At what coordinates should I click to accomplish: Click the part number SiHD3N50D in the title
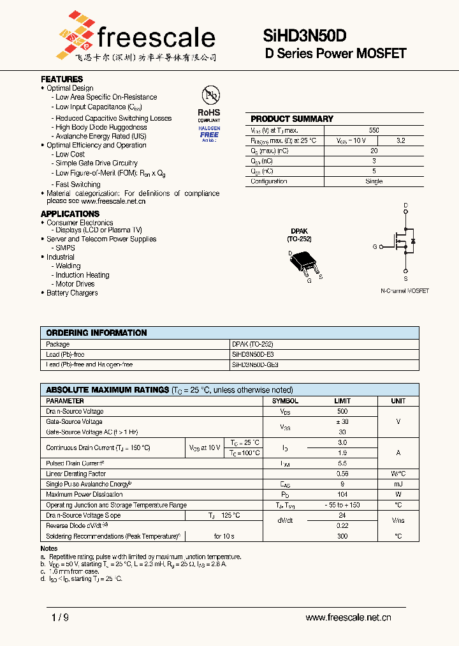pos(305,37)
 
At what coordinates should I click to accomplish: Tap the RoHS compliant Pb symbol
pos(209,96)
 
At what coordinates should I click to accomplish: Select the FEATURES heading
pos(62,79)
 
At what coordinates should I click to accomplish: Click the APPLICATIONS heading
pos(70,214)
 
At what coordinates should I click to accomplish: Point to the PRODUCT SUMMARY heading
pos(292,119)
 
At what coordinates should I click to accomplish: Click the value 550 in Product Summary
pos(374,130)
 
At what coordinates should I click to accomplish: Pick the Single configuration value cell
pos(374,181)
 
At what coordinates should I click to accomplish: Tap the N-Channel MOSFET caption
pos(405,291)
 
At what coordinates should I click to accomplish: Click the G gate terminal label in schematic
pos(375,246)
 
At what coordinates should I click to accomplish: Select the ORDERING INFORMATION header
pos(96,333)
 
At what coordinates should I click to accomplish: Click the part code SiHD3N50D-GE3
pos(255,364)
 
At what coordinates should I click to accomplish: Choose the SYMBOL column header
pos(285,401)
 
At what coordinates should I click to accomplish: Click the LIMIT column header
pos(342,401)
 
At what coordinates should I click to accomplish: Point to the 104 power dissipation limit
pos(342,494)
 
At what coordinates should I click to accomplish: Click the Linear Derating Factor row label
pos(76,474)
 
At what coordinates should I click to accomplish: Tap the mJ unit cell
pos(398,484)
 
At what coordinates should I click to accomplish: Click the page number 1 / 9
pos(59,617)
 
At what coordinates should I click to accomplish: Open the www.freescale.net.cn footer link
pos(348,617)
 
